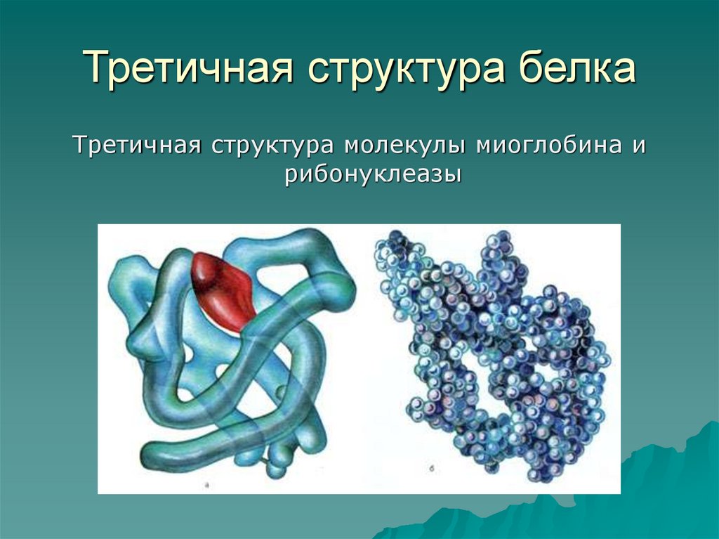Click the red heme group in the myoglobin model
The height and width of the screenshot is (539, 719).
point(220,288)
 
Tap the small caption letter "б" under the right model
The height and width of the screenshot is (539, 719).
point(429,467)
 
